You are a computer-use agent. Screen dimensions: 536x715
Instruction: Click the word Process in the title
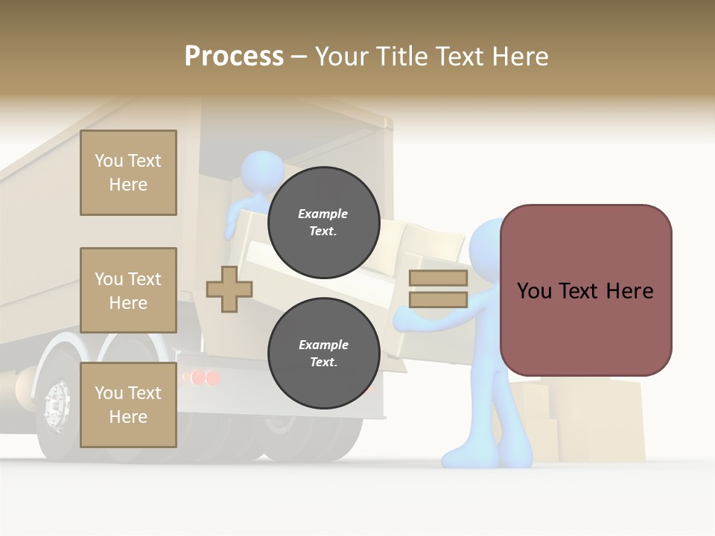[234, 57]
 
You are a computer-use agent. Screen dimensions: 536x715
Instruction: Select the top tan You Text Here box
[128, 173]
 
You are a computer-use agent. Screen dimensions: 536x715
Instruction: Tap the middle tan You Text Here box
[128, 290]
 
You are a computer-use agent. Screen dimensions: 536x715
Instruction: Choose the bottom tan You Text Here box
[128, 405]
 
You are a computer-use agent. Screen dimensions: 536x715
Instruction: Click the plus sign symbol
[229, 289]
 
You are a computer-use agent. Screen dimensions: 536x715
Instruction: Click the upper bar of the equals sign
[438, 278]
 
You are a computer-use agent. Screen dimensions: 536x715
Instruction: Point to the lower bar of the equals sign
[438, 299]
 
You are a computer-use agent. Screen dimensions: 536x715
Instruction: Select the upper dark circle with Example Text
[323, 222]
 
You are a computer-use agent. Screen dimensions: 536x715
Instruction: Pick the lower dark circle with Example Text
[323, 353]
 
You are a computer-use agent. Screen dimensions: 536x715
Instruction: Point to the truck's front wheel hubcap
[57, 406]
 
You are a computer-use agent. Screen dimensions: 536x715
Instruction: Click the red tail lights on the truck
[201, 377]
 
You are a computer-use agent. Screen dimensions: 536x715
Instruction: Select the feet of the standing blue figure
[484, 456]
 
